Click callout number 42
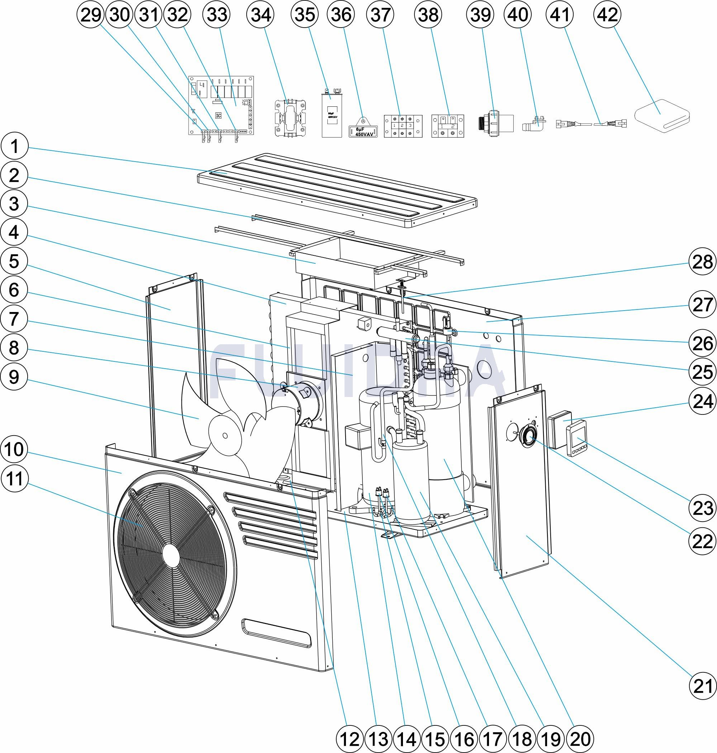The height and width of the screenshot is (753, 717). coord(608,15)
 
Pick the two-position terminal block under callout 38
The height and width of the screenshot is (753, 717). coord(447,126)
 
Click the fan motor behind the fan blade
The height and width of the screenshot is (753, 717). coord(302,403)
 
